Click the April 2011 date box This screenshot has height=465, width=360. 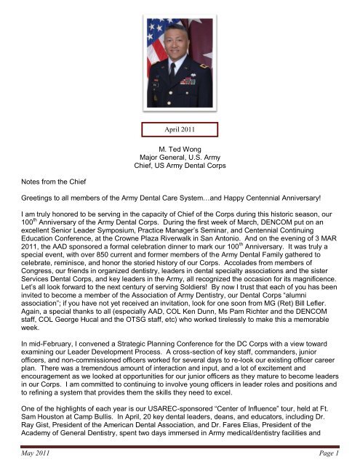[x=179, y=130]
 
